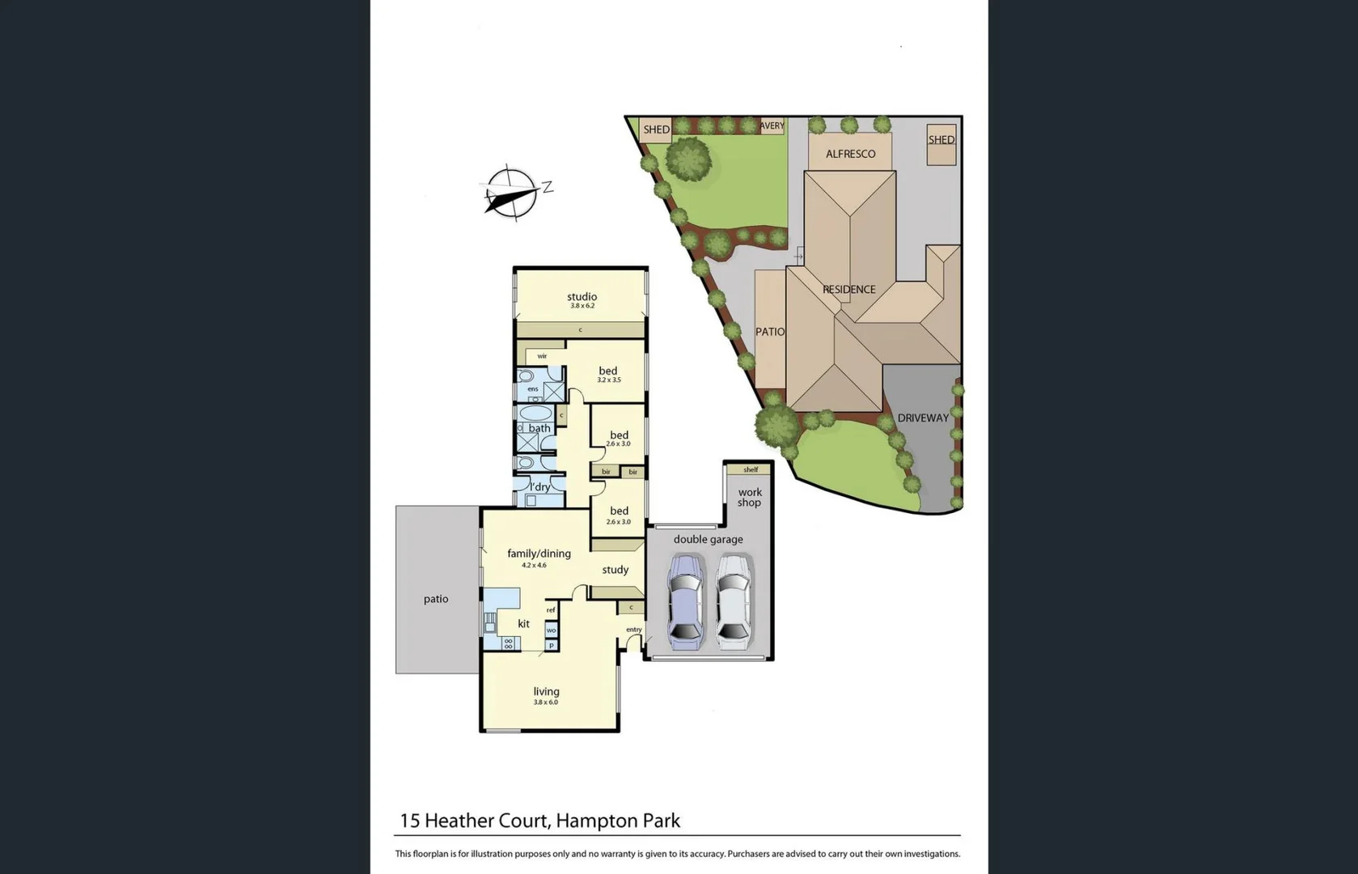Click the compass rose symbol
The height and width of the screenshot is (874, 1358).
512,193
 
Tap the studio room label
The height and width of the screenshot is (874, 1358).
582,297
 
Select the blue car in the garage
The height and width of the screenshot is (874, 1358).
685,600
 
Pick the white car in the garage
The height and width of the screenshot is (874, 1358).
734,600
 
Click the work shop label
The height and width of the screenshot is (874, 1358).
749,497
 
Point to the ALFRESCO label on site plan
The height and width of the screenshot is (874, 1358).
850,154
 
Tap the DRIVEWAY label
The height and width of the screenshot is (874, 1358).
922,418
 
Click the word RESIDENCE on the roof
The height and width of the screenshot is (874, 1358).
848,290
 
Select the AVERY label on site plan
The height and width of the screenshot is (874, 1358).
772,126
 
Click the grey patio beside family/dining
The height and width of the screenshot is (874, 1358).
436,599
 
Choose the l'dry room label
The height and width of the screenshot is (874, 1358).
539,487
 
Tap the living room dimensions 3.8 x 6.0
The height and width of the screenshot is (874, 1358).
546,702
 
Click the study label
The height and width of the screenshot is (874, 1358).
615,570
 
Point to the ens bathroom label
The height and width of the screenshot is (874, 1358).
532,389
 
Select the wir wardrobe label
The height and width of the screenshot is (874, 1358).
542,356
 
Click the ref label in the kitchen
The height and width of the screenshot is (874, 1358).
551,610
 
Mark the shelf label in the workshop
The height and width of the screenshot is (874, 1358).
751,469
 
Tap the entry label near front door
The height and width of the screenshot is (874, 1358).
633,630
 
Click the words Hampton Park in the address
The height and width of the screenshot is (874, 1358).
618,821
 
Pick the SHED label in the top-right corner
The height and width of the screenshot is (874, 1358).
941,140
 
